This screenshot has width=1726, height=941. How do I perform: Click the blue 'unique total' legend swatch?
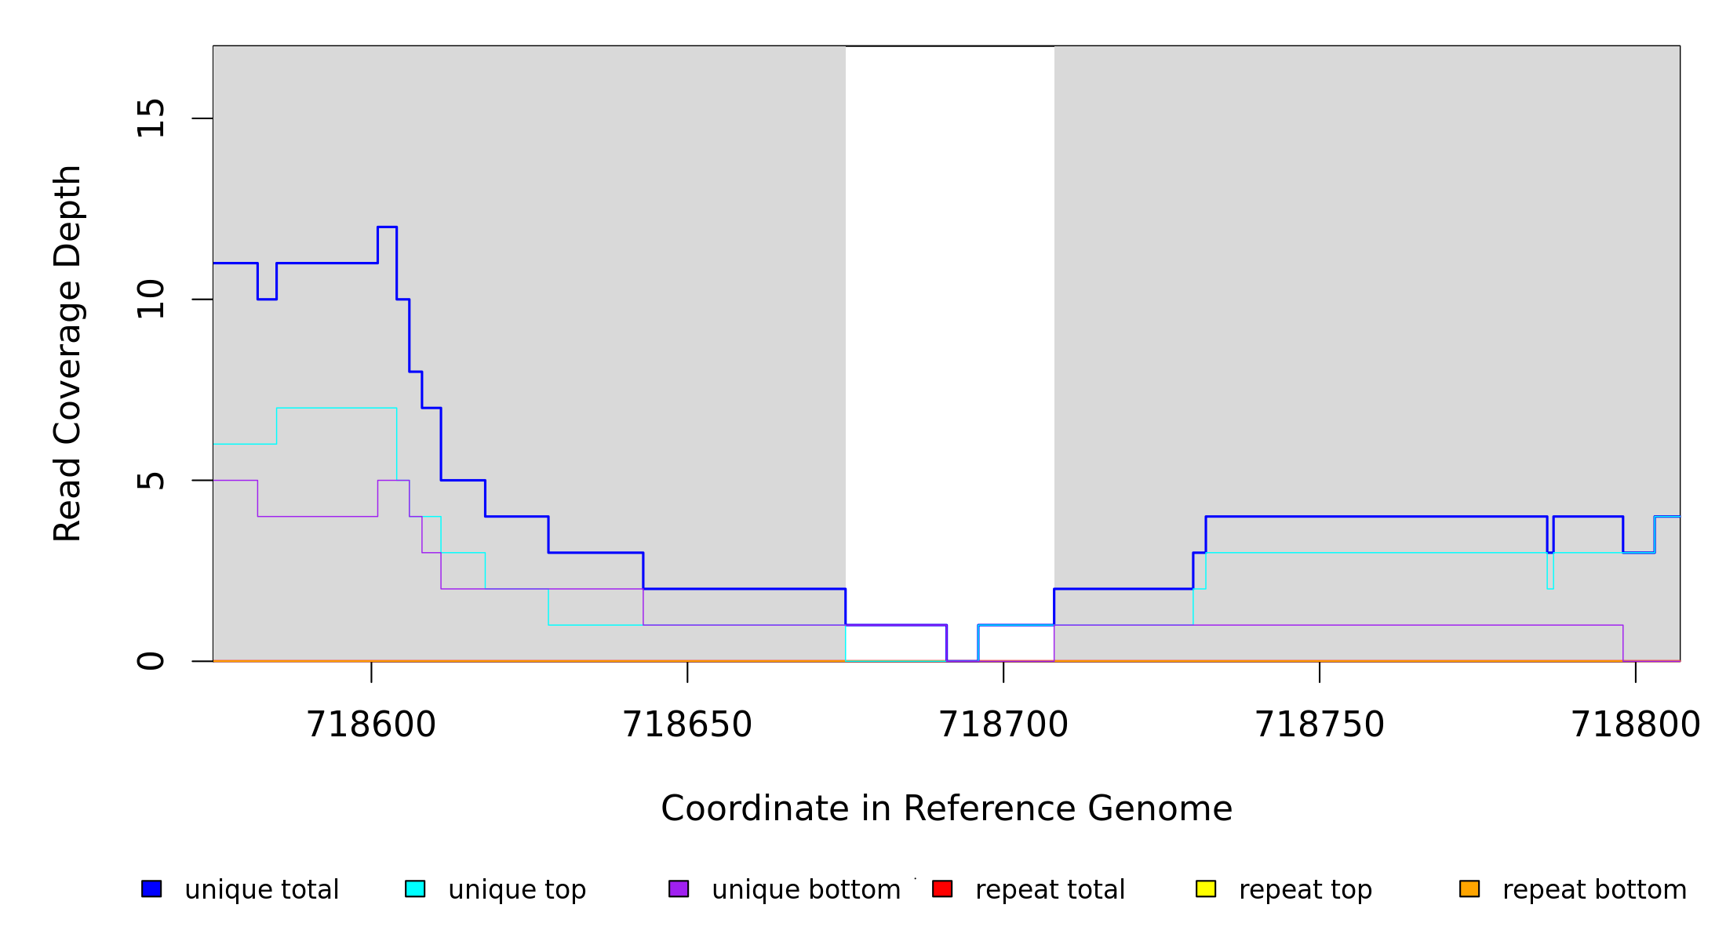[x=151, y=888]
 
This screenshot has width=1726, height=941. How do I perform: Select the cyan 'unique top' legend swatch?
[x=415, y=888]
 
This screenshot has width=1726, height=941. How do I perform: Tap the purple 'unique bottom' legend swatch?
[x=679, y=888]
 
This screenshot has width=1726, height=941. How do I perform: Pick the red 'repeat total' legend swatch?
[x=942, y=888]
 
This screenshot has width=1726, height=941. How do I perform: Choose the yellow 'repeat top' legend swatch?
[x=1206, y=888]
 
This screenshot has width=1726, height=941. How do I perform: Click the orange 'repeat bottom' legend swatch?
[x=1469, y=888]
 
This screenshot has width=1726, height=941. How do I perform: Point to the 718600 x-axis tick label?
[x=371, y=725]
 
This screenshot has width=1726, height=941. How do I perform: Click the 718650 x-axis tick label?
[x=687, y=725]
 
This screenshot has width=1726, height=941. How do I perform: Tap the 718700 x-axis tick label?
[x=1003, y=725]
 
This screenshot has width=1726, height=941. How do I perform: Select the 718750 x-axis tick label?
[x=1320, y=725]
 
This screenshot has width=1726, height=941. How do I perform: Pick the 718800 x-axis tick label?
[x=1636, y=725]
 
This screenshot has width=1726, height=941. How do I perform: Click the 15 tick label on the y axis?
[x=151, y=118]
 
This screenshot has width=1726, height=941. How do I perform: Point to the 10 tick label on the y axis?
[x=151, y=300]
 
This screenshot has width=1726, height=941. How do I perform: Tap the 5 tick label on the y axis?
[x=151, y=480]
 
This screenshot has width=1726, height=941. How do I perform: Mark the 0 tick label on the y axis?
[x=151, y=661]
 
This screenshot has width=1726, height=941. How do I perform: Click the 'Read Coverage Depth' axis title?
[x=68, y=353]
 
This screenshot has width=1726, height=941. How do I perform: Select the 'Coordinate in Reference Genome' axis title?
[x=946, y=808]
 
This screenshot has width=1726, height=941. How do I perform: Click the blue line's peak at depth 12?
[x=387, y=227]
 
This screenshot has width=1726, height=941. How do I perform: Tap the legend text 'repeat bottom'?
[x=1594, y=890]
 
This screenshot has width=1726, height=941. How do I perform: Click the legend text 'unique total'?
[x=262, y=890]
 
